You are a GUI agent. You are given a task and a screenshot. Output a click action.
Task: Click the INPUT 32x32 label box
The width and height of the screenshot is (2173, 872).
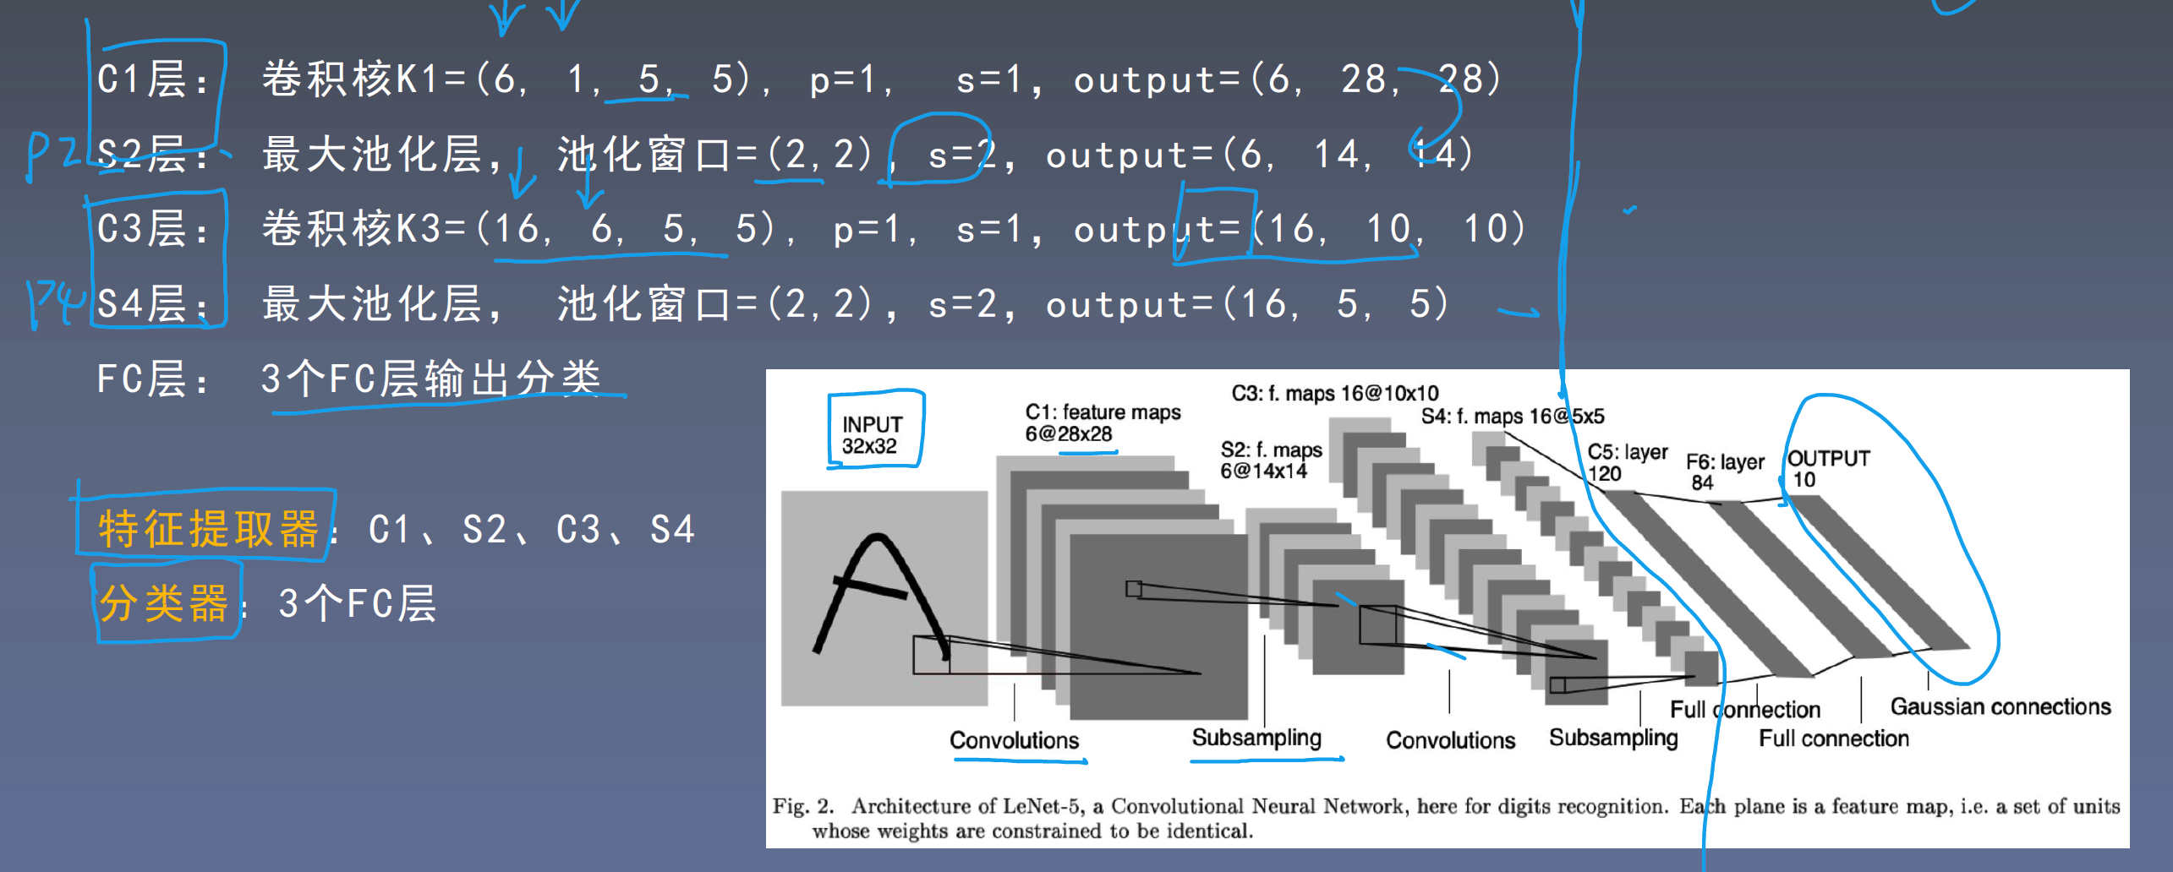point(873,433)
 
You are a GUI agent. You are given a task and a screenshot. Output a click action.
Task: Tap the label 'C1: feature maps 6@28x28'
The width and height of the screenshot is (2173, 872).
point(1102,422)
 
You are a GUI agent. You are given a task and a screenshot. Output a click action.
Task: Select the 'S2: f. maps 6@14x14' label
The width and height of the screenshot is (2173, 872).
point(1270,460)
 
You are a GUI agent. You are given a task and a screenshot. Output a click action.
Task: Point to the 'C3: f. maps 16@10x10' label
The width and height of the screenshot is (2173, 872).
point(1334,393)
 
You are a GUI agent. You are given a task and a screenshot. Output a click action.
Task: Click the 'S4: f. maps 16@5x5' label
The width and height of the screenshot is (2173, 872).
point(1512,416)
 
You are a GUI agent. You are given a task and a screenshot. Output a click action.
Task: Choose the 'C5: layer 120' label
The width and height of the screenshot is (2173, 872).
point(1627,462)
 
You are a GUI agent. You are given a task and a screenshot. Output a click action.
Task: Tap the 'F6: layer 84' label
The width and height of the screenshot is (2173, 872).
point(1724,471)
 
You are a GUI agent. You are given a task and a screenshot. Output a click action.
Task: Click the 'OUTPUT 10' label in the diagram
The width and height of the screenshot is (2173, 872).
point(1827,468)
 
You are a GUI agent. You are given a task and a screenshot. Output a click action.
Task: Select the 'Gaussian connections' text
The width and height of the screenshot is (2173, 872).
point(2000,706)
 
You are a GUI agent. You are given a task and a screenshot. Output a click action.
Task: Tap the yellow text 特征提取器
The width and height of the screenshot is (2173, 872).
point(208,529)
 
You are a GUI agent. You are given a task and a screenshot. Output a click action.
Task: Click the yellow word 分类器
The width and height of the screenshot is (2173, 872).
point(164,603)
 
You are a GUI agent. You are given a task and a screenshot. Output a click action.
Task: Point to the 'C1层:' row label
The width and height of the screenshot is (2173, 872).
point(152,79)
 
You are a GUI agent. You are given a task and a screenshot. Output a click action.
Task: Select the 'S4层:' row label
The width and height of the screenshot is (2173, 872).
point(152,303)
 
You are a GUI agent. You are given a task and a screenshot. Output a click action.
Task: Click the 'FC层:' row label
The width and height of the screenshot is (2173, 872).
point(152,379)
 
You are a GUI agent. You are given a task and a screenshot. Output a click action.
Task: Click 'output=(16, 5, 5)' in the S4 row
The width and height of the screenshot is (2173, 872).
point(1247,304)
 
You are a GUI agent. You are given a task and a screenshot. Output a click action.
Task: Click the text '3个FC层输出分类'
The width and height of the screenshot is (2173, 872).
point(431,378)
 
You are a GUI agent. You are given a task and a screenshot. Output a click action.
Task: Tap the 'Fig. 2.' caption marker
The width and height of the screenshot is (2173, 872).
point(802,806)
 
